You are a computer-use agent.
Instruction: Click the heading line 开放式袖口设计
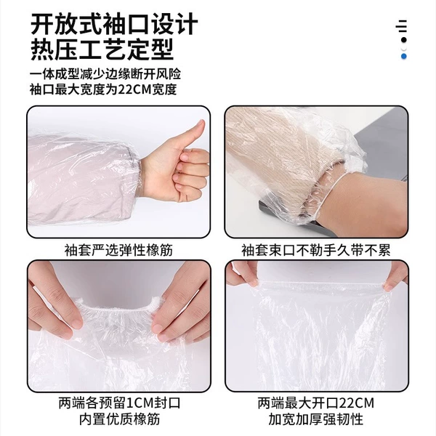pyautogui.click(x=114, y=25)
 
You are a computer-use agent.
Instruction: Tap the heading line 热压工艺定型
pyautogui.click(x=102, y=50)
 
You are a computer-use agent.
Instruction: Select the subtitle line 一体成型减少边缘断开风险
pyautogui.click(x=105, y=74)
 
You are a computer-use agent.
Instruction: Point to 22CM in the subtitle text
pyautogui.click(x=134, y=89)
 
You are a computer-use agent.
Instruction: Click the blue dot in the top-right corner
pyautogui.click(x=404, y=57)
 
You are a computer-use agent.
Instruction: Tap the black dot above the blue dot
pyautogui.click(x=404, y=40)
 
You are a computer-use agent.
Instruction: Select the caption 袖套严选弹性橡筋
pyautogui.click(x=118, y=250)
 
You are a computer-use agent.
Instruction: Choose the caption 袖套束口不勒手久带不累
pyautogui.click(x=316, y=250)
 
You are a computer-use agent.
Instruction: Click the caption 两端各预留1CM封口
pyautogui.click(x=120, y=403)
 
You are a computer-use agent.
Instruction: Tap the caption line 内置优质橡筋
pyautogui.click(x=120, y=419)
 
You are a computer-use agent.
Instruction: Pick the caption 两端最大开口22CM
pyautogui.click(x=316, y=403)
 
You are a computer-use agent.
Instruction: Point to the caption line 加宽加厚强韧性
pyautogui.click(x=316, y=419)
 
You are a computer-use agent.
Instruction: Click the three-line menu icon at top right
pyautogui.click(x=402, y=26)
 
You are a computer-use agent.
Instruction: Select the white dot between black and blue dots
pyautogui.click(x=404, y=49)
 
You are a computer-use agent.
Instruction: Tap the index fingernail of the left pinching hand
pyautogui.click(x=77, y=323)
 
